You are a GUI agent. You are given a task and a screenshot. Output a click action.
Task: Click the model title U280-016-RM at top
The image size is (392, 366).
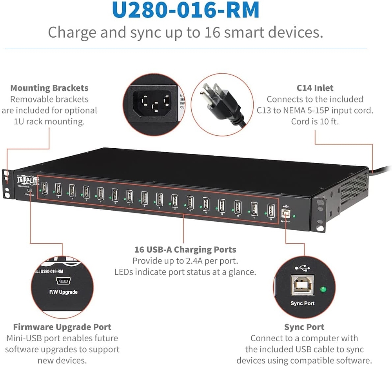click(185, 11)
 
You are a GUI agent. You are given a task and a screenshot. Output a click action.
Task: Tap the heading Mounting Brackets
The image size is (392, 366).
click(49, 88)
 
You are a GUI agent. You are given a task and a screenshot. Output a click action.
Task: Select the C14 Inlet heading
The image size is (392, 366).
click(315, 88)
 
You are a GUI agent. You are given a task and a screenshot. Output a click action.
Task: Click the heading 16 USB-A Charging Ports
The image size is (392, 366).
click(185, 249)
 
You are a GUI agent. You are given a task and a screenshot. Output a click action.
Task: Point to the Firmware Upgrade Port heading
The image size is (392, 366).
click(62, 327)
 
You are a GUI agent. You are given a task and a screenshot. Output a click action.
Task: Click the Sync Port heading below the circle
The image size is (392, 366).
click(304, 327)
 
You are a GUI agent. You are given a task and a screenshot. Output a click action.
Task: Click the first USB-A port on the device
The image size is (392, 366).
click(45, 188)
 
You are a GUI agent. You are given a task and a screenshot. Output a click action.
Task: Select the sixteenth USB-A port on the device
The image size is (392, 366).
click(270, 210)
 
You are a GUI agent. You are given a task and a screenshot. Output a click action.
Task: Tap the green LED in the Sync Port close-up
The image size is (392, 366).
click(323, 290)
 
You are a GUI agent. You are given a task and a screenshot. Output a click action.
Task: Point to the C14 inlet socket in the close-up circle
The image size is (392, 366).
click(153, 103)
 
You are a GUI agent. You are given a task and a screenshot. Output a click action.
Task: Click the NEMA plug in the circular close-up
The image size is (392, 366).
click(220, 100)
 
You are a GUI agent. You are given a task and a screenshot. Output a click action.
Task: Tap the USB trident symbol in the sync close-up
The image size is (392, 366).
click(302, 268)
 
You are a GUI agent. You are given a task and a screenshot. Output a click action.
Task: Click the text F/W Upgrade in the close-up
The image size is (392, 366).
click(63, 292)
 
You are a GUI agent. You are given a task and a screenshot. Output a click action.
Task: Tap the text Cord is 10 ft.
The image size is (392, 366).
click(315, 122)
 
